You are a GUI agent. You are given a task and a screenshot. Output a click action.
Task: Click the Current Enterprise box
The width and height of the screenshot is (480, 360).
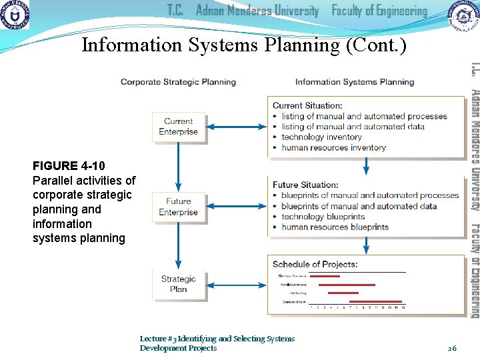click(178, 127)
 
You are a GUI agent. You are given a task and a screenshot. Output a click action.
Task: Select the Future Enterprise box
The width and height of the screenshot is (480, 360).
click(178, 207)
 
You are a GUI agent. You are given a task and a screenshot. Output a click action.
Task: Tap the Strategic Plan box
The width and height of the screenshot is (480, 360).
click(178, 284)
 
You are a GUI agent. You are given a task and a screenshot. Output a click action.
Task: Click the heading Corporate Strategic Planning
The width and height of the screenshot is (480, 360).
click(178, 82)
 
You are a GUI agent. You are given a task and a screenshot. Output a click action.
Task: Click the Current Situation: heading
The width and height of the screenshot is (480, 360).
click(307, 105)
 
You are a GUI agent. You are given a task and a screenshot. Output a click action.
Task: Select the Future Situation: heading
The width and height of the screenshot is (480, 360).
click(305, 185)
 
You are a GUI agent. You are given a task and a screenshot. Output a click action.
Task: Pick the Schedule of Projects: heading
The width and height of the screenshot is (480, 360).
click(315, 264)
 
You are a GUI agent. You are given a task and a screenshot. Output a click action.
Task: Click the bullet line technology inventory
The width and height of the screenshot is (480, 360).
click(321, 137)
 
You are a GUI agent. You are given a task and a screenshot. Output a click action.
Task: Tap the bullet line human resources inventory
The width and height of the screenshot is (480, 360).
click(333, 148)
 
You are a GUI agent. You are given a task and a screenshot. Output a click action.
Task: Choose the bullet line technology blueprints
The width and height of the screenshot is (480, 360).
click(323, 217)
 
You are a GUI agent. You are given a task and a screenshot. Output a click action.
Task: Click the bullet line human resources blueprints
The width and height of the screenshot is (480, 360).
click(335, 227)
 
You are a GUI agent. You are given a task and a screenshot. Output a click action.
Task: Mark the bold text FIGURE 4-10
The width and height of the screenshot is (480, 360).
click(69, 165)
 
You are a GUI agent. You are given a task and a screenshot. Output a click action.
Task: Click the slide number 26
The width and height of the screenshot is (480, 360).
click(452, 348)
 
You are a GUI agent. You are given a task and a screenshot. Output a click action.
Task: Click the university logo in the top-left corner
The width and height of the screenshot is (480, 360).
click(15, 15)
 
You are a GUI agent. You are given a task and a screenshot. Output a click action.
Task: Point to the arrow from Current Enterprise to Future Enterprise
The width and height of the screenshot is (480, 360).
click(178, 167)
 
